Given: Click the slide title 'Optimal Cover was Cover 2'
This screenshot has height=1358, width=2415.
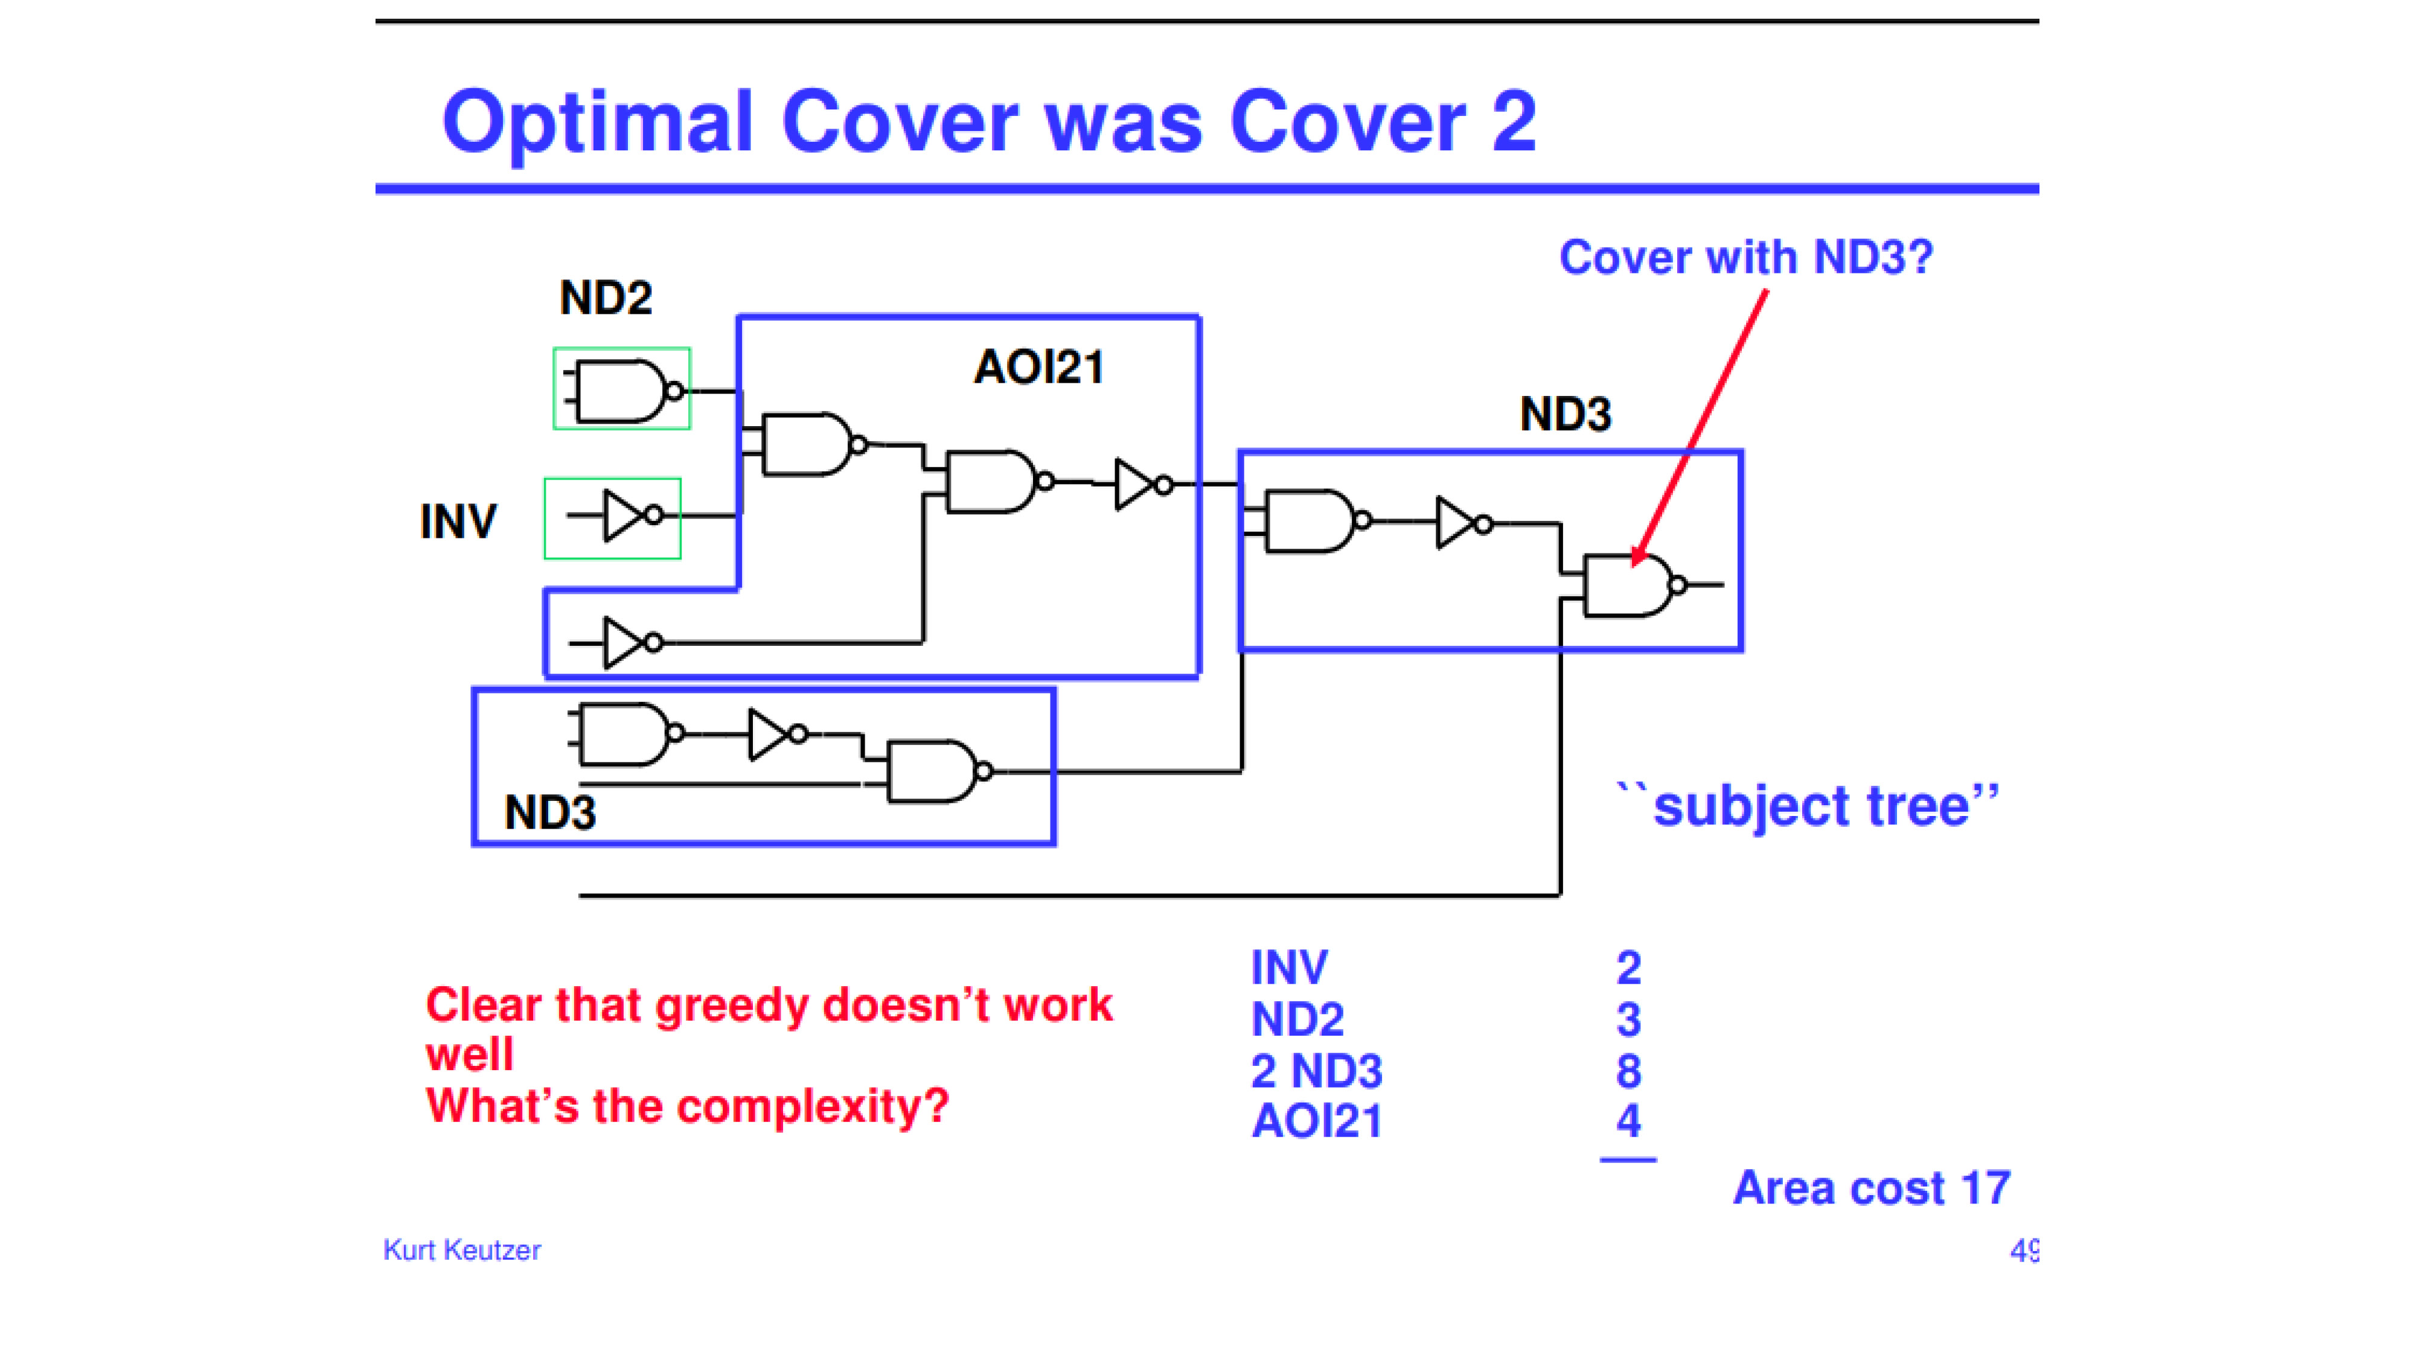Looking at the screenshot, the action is (989, 123).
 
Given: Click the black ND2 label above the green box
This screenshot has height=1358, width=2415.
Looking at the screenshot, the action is (606, 298).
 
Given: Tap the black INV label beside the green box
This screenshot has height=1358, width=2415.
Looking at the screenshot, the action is (458, 521).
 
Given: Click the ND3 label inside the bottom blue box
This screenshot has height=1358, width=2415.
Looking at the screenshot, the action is (550, 812).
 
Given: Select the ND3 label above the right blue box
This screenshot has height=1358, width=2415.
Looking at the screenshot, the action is (1566, 413).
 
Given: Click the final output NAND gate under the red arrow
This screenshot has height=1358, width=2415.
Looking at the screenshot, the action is (1636, 585).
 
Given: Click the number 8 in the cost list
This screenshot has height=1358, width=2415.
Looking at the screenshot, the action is (1628, 1070).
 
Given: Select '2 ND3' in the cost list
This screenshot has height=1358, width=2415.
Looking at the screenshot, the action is (1316, 1070).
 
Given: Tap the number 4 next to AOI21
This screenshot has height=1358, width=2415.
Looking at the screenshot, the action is (1628, 1121).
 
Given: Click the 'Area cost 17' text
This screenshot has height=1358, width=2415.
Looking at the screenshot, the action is (1871, 1188).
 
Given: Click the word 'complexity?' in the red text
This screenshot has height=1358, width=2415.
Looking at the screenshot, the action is (813, 1107).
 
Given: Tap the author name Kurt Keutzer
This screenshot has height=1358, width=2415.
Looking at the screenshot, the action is (461, 1249).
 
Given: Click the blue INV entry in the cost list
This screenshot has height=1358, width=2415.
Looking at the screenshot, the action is (1289, 967).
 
